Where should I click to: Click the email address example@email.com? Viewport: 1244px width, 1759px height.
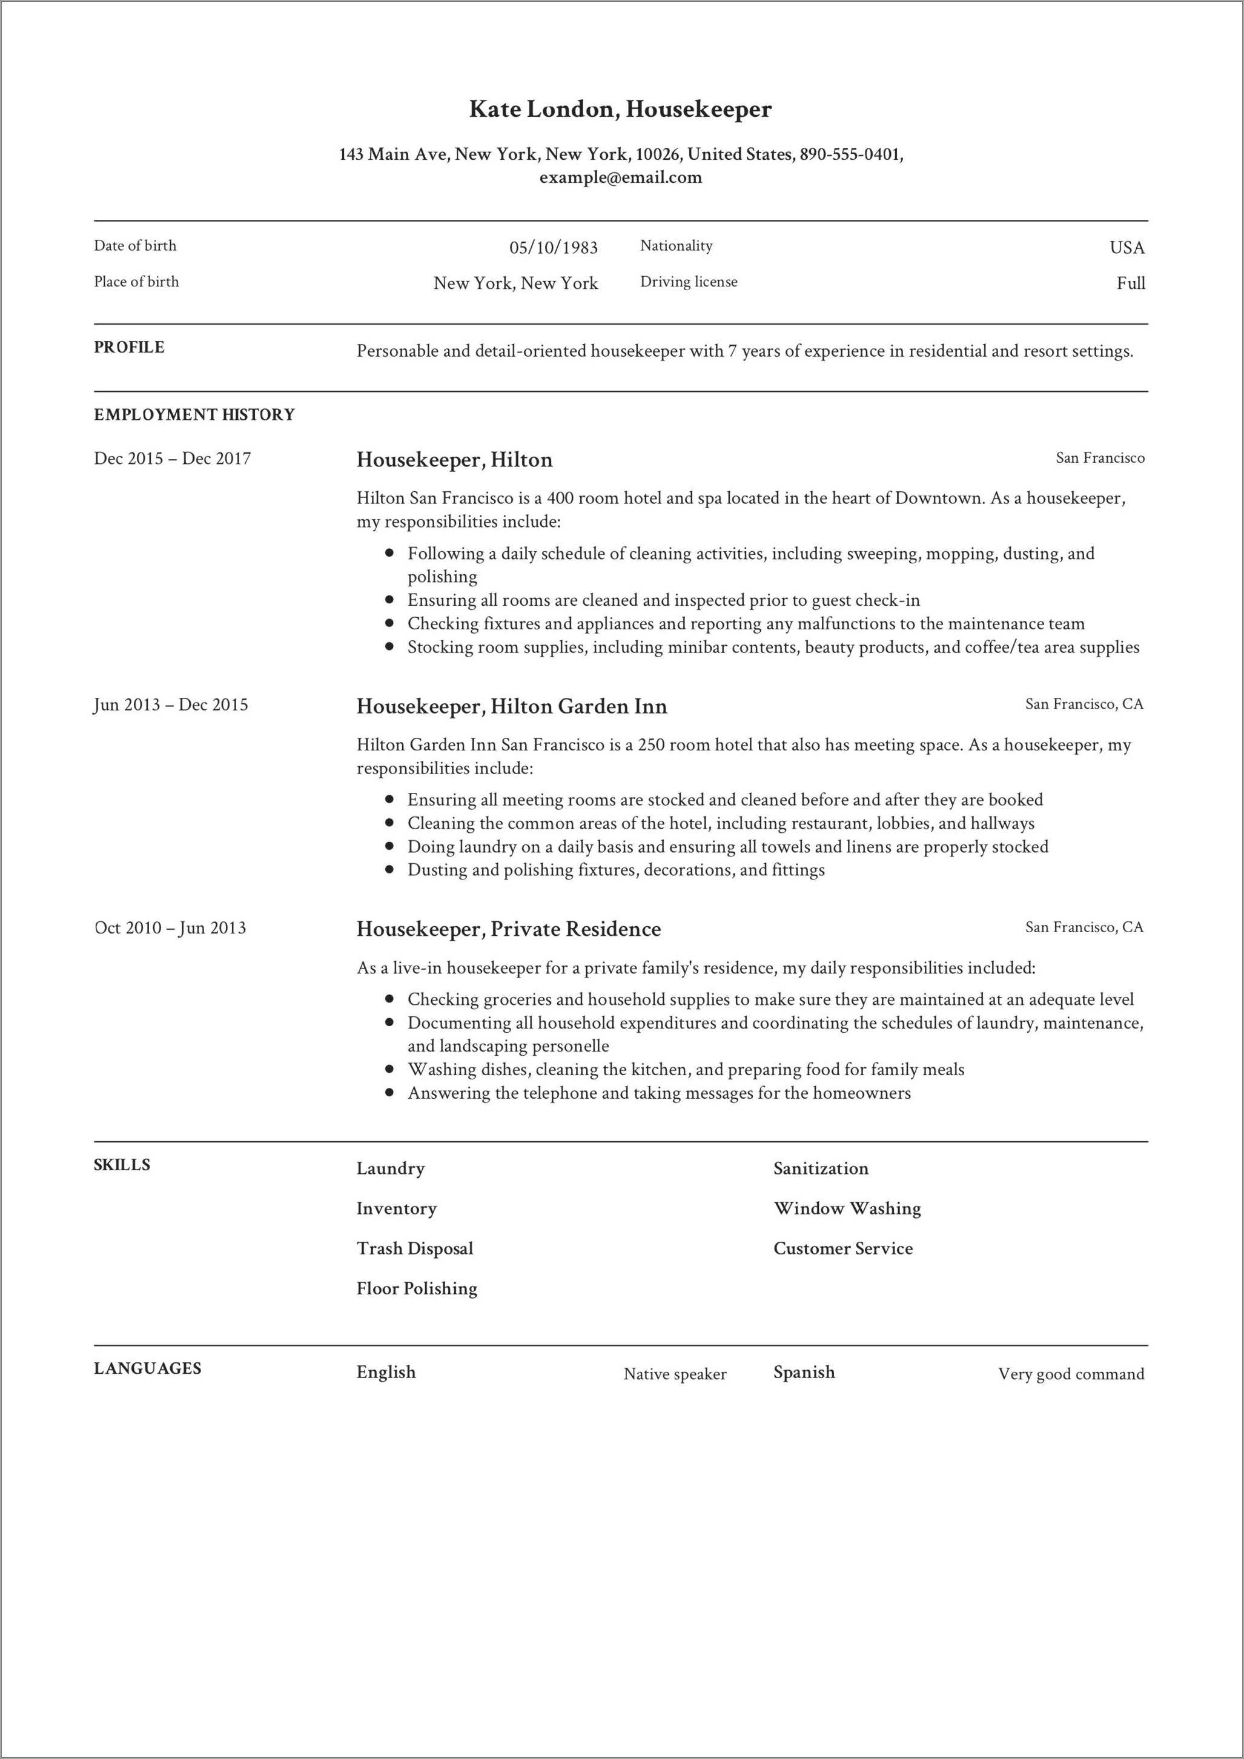click(620, 177)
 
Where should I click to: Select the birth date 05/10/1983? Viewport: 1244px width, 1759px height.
click(553, 248)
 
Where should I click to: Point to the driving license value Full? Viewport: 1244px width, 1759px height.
click(1131, 283)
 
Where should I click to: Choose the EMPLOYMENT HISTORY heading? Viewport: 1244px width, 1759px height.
click(194, 414)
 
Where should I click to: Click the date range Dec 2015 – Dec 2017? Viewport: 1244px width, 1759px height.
click(173, 458)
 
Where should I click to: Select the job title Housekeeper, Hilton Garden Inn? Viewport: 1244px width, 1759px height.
click(512, 706)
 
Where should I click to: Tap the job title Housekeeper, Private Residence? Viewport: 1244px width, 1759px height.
click(509, 929)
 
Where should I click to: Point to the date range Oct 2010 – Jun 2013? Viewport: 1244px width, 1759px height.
click(170, 928)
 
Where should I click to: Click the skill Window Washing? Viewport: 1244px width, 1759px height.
click(847, 1208)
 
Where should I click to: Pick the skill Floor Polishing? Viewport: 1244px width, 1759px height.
click(417, 1288)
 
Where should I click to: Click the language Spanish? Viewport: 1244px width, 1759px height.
click(804, 1372)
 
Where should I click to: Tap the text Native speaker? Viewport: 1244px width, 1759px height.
click(675, 1374)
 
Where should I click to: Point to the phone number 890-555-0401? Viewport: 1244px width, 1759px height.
click(850, 154)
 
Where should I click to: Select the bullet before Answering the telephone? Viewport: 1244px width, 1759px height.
click(390, 1093)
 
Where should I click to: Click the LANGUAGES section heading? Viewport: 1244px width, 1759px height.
click(148, 1368)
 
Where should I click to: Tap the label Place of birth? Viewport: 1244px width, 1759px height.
click(136, 282)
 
